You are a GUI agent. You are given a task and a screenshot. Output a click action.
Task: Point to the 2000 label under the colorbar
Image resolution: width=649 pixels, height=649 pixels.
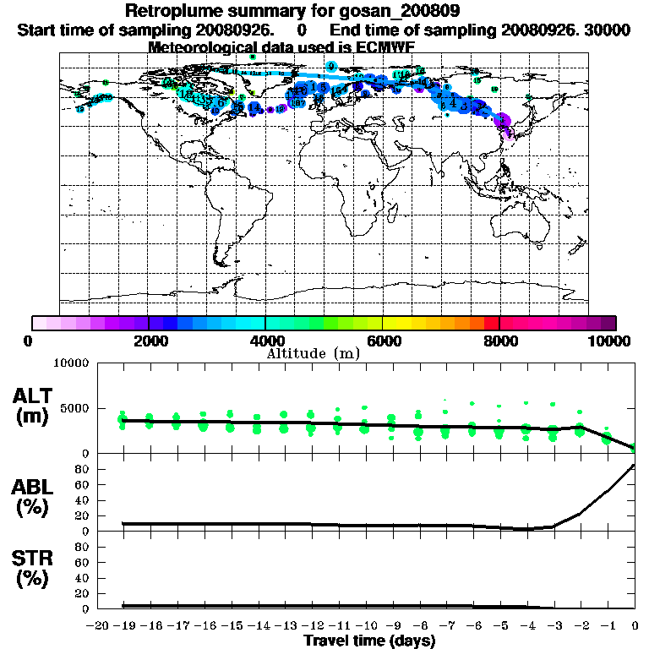click(x=149, y=341)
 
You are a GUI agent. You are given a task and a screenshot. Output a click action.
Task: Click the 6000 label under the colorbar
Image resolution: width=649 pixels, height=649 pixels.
click(x=383, y=341)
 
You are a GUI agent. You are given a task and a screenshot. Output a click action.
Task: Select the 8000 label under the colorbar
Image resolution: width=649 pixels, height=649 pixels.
click(x=499, y=341)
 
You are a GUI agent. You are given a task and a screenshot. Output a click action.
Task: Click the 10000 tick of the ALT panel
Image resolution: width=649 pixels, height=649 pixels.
click(x=71, y=364)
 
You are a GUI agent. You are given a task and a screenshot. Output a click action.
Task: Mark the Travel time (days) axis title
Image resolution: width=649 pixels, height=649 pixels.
click(x=369, y=641)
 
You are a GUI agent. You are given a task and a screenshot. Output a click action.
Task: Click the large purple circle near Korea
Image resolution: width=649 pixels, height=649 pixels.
click(x=502, y=120)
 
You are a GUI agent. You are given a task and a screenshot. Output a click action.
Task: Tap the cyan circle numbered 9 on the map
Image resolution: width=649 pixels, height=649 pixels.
click(x=332, y=66)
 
